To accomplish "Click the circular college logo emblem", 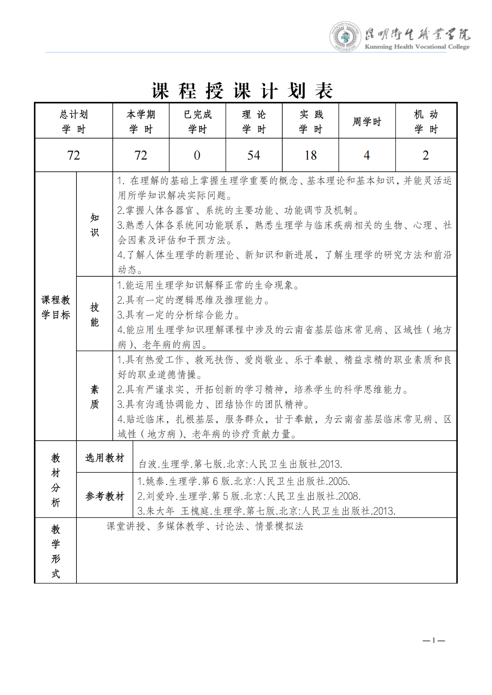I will tap(345, 37).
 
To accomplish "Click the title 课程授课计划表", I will tap(242, 91).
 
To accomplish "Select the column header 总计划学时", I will tap(73, 122).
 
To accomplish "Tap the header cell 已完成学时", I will tap(197, 122).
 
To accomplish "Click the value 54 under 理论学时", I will tap(254, 155).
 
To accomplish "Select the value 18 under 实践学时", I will tap(310, 155).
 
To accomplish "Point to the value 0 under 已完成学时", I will tap(197, 155).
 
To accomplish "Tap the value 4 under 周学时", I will tap(367, 155).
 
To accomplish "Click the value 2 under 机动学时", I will tap(426, 155).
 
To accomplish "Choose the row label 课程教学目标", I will tap(56, 307).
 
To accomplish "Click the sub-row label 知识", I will tap(95, 225).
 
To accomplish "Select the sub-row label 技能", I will tap(95, 315).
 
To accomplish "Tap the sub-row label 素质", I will tap(95, 397).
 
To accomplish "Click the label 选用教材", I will tap(105, 458).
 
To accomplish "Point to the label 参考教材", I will tap(105, 496).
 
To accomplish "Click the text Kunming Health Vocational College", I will tap(417, 47).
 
